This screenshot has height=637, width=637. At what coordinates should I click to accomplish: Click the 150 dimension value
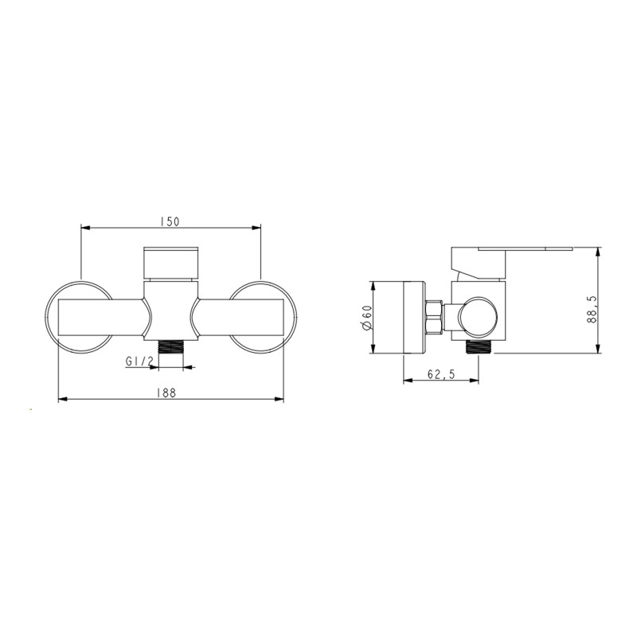pyautogui.click(x=170, y=222)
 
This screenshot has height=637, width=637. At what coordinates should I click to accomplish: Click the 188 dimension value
pyautogui.click(x=167, y=393)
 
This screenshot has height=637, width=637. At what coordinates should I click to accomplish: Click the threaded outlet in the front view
pyautogui.click(x=171, y=348)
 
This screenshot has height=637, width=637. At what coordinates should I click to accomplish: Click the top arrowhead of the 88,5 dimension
pyautogui.click(x=600, y=252)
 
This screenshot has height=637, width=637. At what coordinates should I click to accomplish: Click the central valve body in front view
pyautogui.click(x=171, y=315)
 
